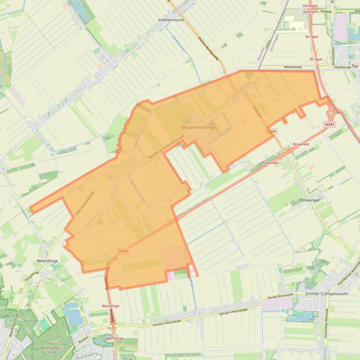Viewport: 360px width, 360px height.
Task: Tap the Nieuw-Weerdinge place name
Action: click(199, 127)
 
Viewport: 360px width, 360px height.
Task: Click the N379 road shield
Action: click(272, 132)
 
